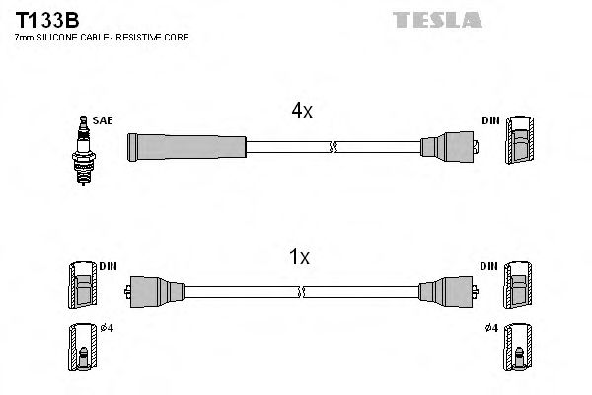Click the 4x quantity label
301,113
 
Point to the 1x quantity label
299,258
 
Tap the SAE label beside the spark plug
104,120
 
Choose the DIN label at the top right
490,120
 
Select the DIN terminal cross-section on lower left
82,287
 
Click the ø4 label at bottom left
108,328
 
